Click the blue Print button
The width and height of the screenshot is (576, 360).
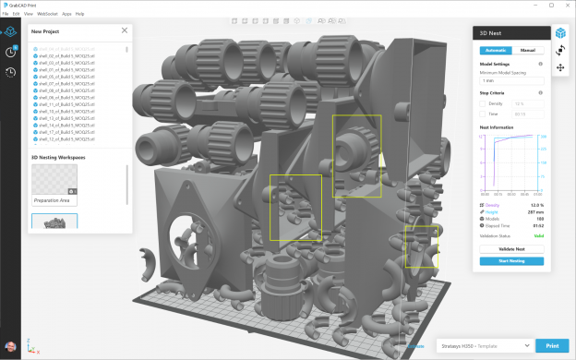tap(552, 345)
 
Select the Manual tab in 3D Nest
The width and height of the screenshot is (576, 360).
tap(527, 51)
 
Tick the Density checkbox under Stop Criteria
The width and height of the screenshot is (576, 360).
tap(483, 103)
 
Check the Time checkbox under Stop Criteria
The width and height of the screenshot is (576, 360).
tap(483, 114)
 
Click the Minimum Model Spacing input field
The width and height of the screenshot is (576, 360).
tap(510, 81)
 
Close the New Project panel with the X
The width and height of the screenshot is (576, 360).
tap(125, 30)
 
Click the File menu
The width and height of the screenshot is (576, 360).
tap(6, 14)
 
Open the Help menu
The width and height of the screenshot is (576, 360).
tap(79, 14)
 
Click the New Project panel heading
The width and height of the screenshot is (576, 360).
tap(46, 30)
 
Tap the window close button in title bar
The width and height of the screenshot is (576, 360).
tap(566, 5)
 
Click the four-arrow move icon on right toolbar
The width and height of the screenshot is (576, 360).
tap(560, 67)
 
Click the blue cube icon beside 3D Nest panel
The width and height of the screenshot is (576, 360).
tap(560, 32)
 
